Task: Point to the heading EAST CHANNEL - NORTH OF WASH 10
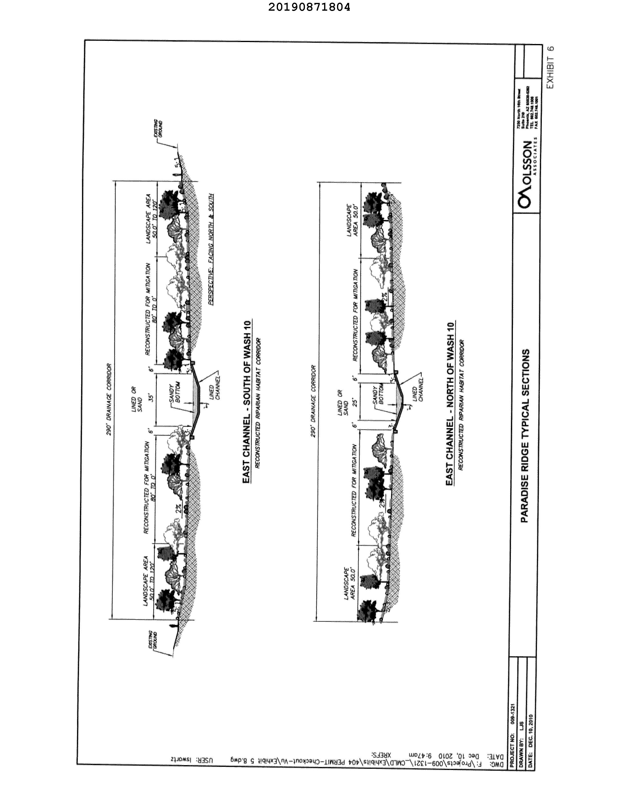[x=450, y=404]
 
